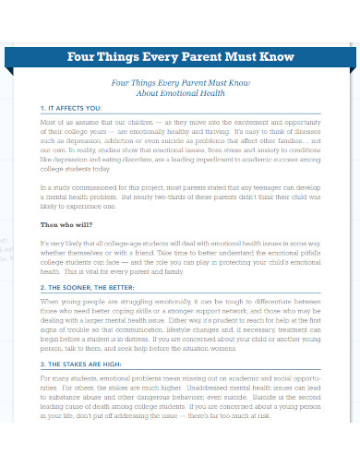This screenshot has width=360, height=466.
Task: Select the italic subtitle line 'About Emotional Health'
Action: [x=180, y=93]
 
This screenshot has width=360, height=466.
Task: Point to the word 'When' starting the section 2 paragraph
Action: [x=49, y=301]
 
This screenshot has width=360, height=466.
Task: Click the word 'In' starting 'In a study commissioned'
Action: [x=43, y=188]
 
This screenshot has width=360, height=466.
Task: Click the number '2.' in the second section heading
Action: [x=42, y=287]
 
